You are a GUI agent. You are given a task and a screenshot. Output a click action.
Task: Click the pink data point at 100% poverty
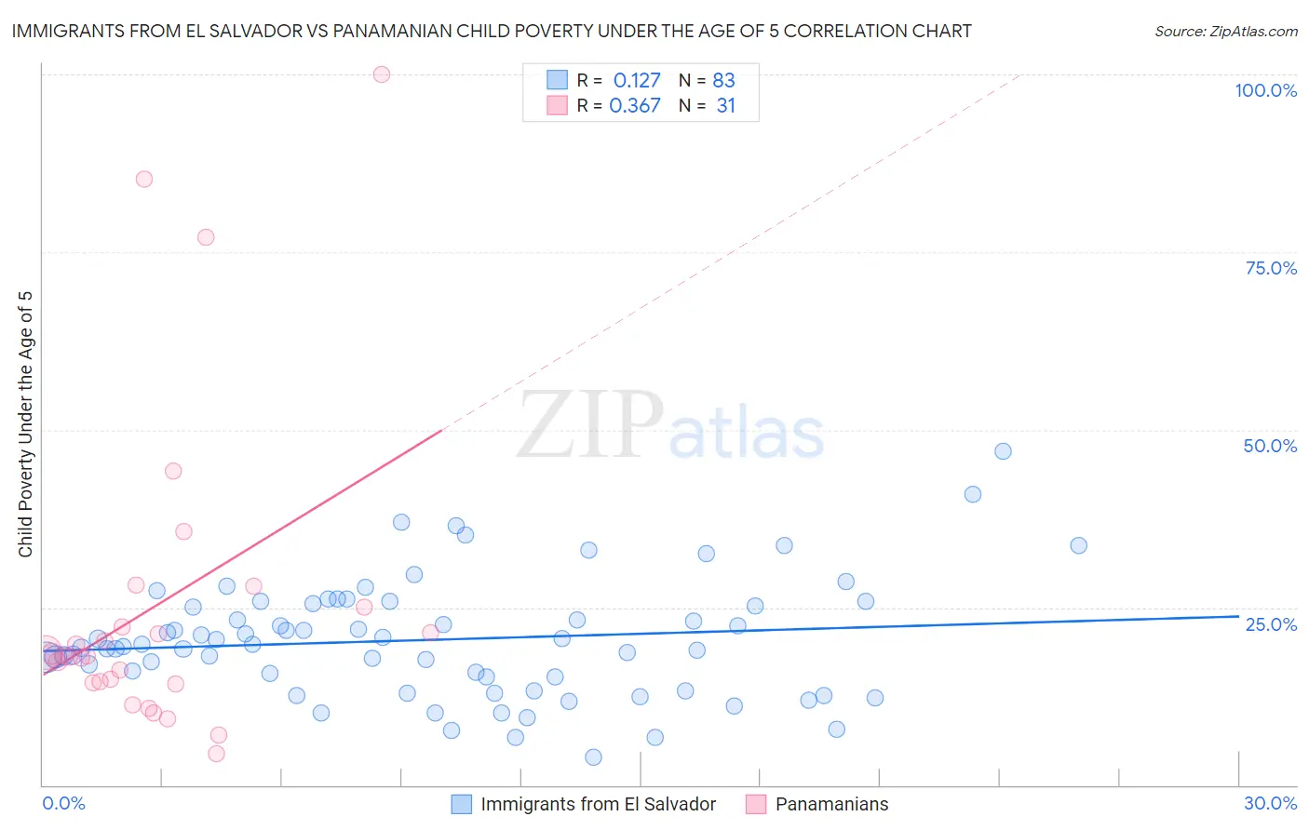(381, 74)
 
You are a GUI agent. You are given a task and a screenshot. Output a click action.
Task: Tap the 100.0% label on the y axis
(1265, 90)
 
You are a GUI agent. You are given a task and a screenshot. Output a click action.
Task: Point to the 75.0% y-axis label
(1271, 268)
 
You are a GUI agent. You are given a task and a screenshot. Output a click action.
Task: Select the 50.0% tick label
(1270, 446)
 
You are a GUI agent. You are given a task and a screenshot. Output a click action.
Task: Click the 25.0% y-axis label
(1271, 623)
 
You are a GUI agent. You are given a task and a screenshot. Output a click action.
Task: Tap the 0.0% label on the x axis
(63, 803)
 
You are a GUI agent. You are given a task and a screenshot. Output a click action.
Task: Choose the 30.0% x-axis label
(1270, 803)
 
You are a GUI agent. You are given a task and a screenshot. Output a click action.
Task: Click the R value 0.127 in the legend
(637, 81)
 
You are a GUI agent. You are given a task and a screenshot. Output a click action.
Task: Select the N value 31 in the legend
(726, 106)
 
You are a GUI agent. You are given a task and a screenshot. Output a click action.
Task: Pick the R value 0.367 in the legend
(635, 106)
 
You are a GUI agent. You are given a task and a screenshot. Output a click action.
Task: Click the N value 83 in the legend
(723, 81)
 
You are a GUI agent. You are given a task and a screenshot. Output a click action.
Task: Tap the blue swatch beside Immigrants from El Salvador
(462, 804)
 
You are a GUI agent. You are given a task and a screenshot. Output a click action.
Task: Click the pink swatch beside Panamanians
(756, 804)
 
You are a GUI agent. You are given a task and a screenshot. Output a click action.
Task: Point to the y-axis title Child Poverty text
(25, 424)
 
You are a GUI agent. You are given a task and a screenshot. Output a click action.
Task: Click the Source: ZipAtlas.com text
(1225, 32)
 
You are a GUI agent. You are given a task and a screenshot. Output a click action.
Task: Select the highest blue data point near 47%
(1003, 451)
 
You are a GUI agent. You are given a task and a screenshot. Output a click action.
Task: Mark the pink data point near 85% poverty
(144, 179)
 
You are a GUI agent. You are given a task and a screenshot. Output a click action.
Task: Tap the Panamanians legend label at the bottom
(831, 804)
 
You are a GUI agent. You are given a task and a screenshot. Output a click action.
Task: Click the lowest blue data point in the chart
(593, 757)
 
